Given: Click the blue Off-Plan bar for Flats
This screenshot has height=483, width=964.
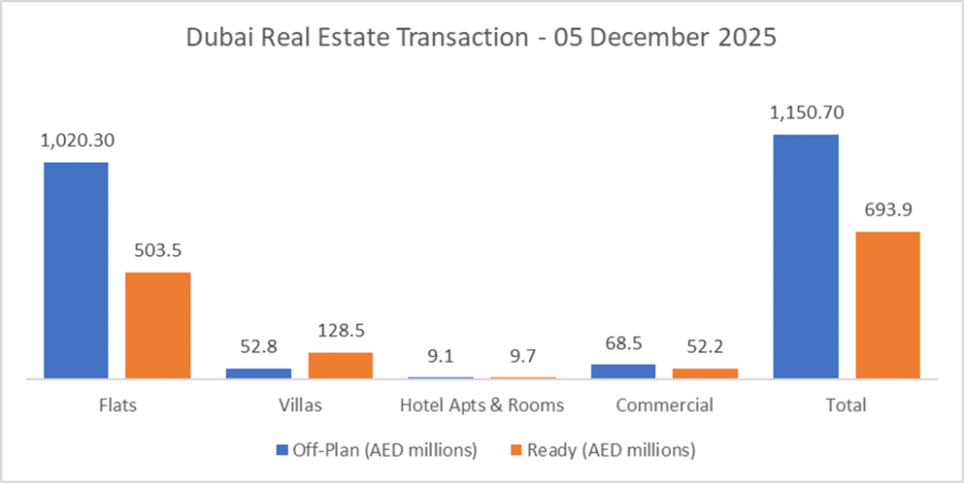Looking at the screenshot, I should coord(75,270).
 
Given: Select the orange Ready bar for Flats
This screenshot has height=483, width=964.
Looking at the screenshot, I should coord(158,325).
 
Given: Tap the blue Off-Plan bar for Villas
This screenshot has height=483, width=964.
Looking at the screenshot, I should coord(258,373).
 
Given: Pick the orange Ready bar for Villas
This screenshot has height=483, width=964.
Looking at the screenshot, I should coord(341,365).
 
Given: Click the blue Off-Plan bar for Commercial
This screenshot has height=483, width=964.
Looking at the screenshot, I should coord(623,371).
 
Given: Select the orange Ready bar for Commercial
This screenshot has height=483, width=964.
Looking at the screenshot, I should coord(705,373).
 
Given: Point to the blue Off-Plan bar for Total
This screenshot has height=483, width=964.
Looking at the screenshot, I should coord(806,256).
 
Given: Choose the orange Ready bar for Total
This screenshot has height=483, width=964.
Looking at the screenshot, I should coord(888,304).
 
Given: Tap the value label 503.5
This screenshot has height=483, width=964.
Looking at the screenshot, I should coord(158,250).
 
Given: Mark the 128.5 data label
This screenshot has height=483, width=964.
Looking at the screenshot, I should coord(341,330).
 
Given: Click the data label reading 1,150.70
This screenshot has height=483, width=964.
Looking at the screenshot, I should coord(806,113).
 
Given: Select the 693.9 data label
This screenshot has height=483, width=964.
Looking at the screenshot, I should coord(888,210).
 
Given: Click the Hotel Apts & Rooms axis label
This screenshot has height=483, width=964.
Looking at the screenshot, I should coord(482,406).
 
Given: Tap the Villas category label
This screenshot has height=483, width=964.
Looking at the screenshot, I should coord(299,406).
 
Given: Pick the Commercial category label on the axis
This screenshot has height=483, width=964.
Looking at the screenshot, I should coord(664,406).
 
